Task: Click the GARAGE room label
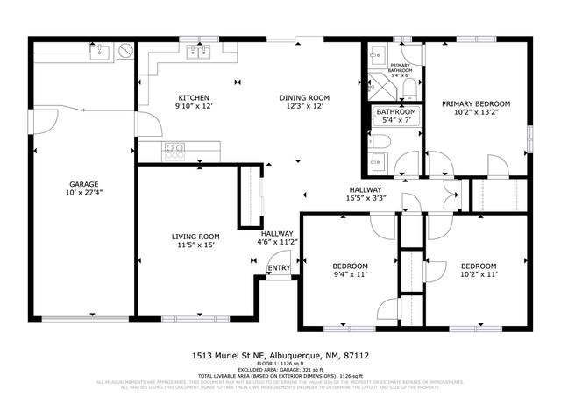[83, 184]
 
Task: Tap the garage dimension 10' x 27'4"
[83, 193]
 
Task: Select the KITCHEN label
[193, 97]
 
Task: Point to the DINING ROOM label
[304, 97]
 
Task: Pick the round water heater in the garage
[126, 51]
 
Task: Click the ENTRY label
[278, 268]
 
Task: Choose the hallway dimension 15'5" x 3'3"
[365, 198]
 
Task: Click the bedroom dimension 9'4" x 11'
[350, 274]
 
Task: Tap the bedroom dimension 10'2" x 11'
[479, 274]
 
